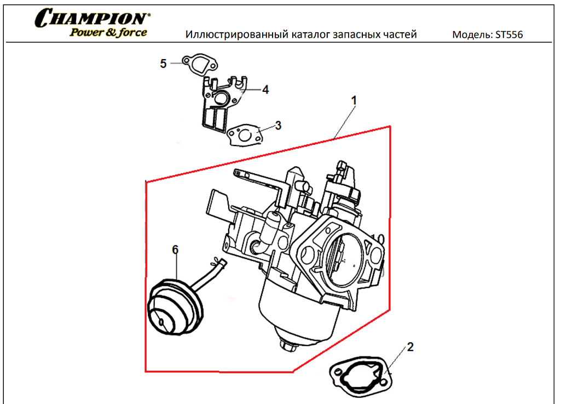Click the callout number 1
pos(354,101)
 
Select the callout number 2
pos(410,347)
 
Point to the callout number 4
pos(265,90)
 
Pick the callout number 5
pos(163,64)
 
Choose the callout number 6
pos(175,250)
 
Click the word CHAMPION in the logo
pos(92,17)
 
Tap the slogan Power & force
pos(108,32)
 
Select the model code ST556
pos(508,35)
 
